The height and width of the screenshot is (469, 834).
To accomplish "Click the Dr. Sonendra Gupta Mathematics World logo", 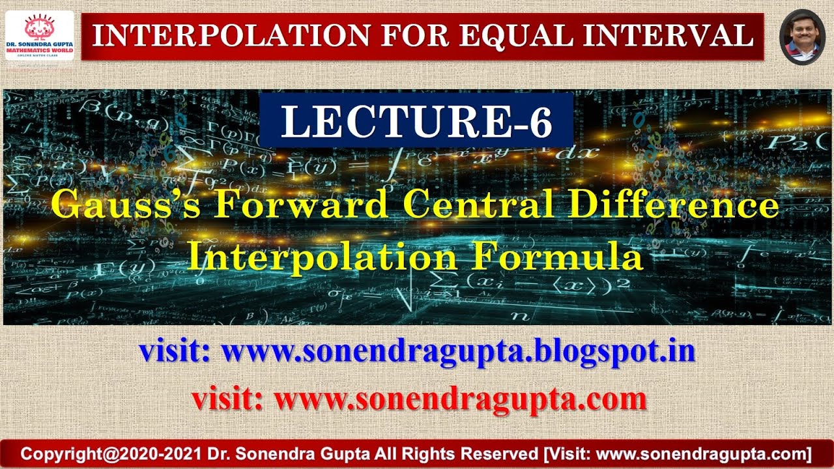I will click(40, 35).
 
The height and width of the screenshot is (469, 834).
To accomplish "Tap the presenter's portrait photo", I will click(802, 36).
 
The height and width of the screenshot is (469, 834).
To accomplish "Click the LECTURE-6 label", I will click(416, 122).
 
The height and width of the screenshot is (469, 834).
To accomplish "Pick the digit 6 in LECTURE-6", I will click(539, 122).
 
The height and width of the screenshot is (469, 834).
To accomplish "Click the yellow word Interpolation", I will click(321, 258).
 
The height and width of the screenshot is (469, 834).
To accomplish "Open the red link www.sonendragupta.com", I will click(460, 399).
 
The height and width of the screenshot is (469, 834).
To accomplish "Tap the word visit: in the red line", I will click(227, 399).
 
